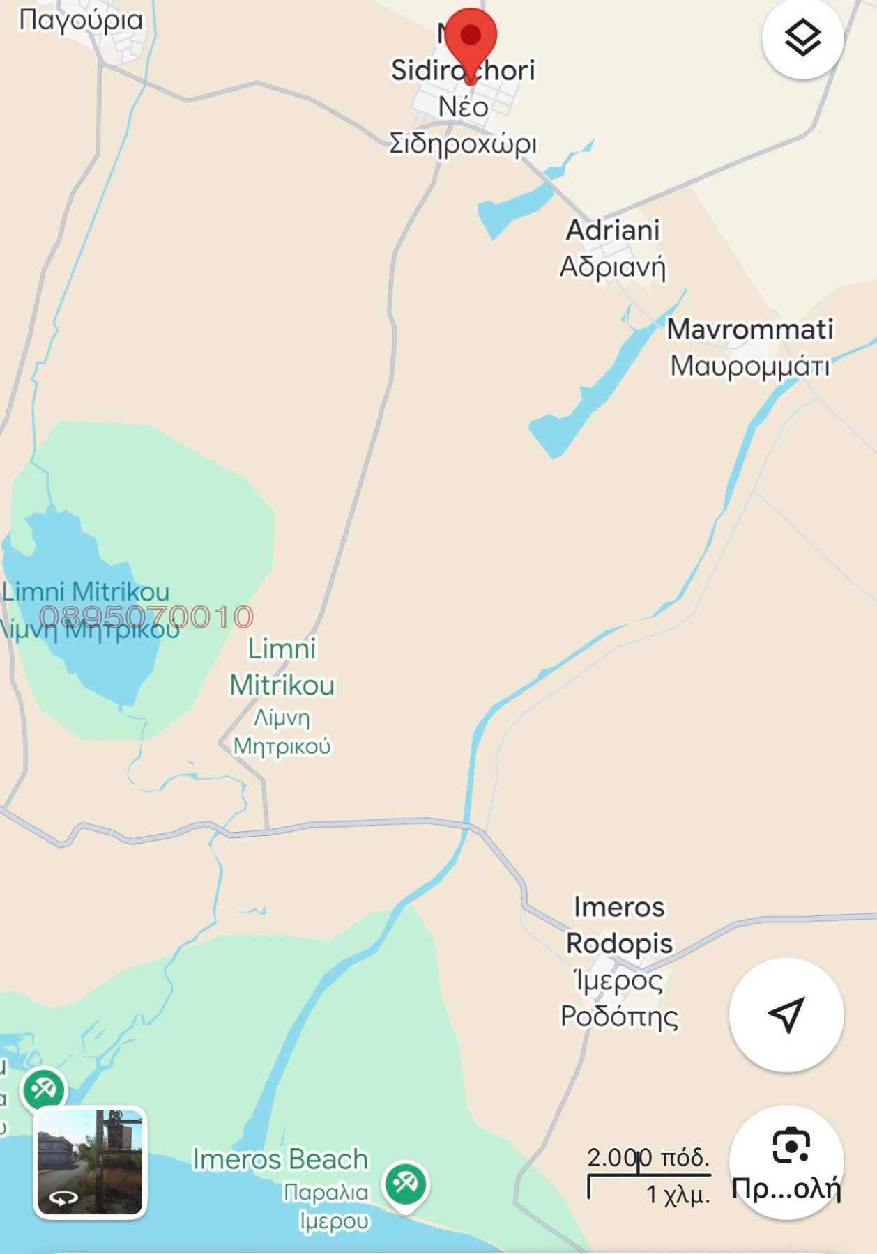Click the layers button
802,38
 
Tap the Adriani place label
612,230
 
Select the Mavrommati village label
749,330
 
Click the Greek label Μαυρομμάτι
749,366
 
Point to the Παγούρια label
80,20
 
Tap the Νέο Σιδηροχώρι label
463,125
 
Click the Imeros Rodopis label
619,925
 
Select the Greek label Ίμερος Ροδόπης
619,998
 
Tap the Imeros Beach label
280,1159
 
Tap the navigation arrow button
786,1014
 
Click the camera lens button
791,1147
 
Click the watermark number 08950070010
146,617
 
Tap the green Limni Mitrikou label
282,667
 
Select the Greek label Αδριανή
612,267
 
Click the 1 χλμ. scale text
677,1195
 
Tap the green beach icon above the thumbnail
44,1089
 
